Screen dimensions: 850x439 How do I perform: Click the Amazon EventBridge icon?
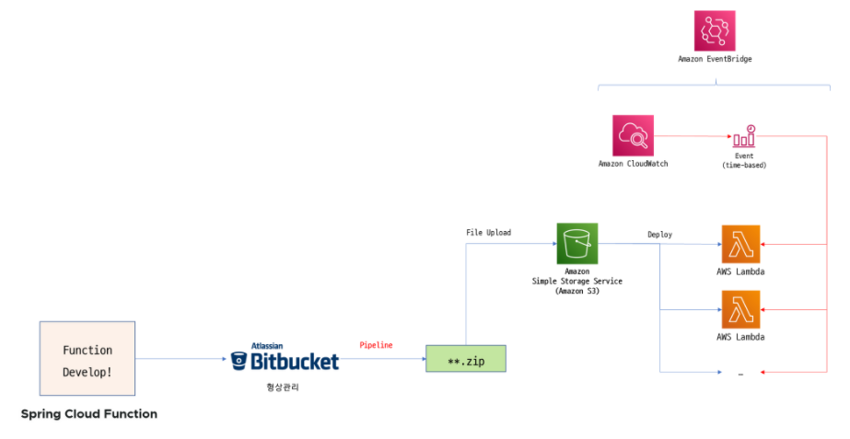pos(715,30)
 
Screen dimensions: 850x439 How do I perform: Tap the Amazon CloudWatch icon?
pos(633,135)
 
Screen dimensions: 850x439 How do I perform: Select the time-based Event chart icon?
pos(744,136)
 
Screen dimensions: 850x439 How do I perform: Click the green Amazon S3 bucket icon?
pos(577,243)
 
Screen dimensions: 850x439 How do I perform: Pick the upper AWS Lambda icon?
pos(740,244)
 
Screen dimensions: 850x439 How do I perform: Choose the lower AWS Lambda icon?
pos(740,309)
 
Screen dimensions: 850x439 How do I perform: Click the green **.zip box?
pos(466,358)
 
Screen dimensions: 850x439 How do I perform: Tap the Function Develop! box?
pos(87,358)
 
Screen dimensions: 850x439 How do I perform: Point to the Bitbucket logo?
pos(285,357)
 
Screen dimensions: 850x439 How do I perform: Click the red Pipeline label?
pos(376,345)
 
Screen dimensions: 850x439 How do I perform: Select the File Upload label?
pos(488,233)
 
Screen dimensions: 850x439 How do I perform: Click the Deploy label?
pos(659,235)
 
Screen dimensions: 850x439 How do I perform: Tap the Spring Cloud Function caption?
pos(89,414)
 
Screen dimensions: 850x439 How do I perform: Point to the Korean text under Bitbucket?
pos(283,387)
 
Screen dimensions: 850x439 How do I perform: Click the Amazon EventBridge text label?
pos(715,59)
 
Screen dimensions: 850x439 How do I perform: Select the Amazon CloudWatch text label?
pos(633,164)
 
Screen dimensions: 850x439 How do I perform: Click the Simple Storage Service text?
pos(576,282)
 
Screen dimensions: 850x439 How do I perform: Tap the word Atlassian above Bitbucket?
pos(267,346)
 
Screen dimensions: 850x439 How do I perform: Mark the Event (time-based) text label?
pos(744,160)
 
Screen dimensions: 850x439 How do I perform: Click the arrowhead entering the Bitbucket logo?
pos(224,359)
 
